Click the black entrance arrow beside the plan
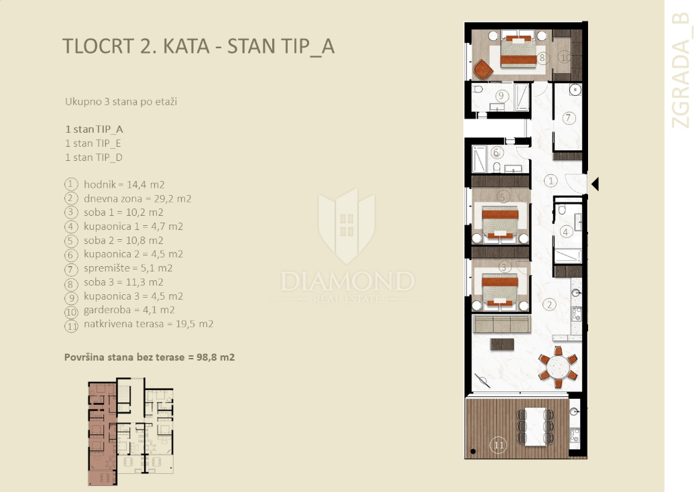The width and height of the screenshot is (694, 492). tap(595, 184)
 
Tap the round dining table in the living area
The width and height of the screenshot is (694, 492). tap(558, 367)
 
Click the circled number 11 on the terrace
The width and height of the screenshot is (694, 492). tap(498, 444)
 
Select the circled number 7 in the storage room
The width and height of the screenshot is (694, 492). tap(569, 118)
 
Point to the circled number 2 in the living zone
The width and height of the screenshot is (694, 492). tap(549, 304)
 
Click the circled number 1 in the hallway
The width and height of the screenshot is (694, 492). tap(551, 180)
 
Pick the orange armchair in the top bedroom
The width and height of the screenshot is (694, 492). tap(482, 69)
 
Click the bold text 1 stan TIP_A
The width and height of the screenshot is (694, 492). tap(95, 129)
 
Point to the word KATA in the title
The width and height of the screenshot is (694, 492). tap(186, 46)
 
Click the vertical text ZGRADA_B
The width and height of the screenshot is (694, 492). tap(681, 70)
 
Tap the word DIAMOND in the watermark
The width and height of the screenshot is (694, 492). tap(348, 282)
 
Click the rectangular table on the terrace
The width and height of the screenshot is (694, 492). tap(535, 426)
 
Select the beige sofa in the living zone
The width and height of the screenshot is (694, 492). tap(502, 324)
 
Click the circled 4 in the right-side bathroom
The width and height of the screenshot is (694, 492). tap(566, 231)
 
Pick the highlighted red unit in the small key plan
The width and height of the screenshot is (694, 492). tap(102, 434)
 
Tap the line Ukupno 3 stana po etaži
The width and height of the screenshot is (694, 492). tap(121, 102)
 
